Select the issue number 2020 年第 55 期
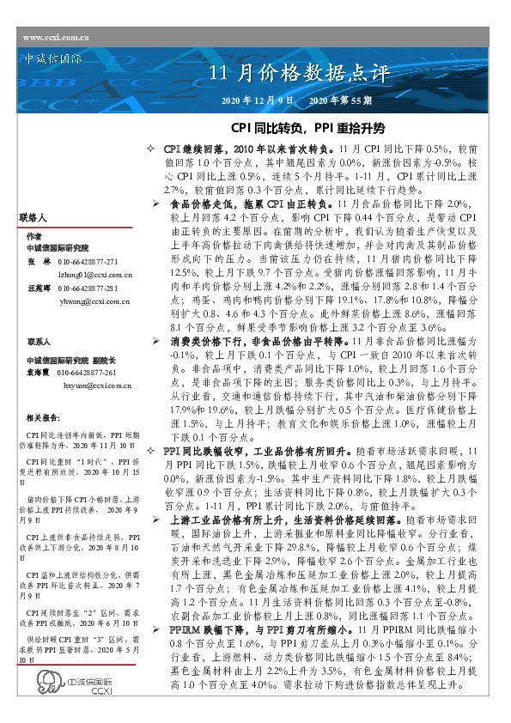tap(340, 101)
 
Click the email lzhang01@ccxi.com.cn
tap(94, 270)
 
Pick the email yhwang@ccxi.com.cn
tap(94, 301)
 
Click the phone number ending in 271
tap(88, 258)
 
